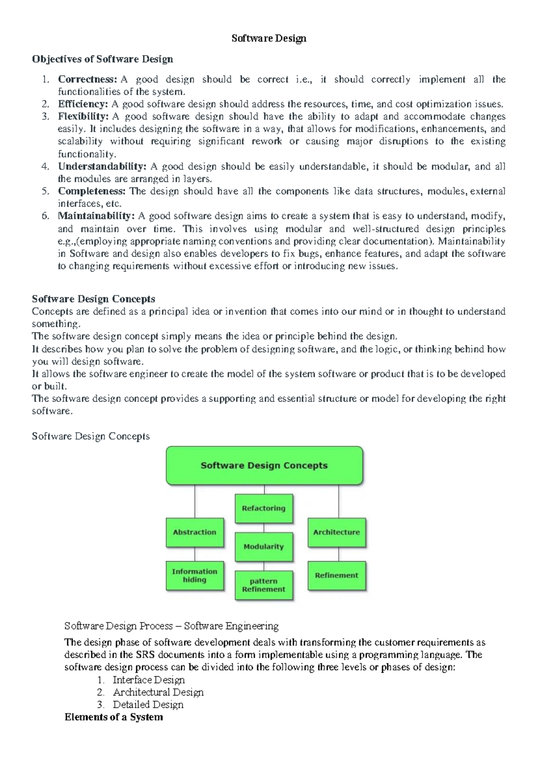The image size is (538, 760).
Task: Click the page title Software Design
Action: point(269,39)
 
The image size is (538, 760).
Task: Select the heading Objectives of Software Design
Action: point(102,59)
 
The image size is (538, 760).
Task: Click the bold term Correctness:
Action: point(87,79)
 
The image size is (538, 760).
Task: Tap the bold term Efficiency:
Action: point(83,104)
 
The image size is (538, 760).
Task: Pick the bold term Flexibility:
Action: point(83,117)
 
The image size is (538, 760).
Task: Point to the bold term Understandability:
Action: point(102,166)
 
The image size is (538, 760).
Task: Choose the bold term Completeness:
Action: point(92,191)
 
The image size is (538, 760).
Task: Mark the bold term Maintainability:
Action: point(96,216)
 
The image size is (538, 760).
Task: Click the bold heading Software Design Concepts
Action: point(93,299)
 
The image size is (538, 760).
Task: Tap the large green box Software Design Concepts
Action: point(264,466)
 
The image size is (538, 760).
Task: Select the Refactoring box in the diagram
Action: point(264,508)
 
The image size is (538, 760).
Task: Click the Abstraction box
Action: point(195,532)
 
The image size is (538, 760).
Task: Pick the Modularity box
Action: point(264,547)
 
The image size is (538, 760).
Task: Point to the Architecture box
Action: point(336,532)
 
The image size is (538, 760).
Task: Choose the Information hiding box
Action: point(195,576)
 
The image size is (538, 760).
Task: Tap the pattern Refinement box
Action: point(264,585)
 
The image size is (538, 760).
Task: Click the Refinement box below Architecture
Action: point(336,575)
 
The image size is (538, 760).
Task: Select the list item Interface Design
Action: point(149,680)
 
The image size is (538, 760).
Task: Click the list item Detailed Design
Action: point(148,704)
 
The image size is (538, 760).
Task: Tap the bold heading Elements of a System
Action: point(113,717)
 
